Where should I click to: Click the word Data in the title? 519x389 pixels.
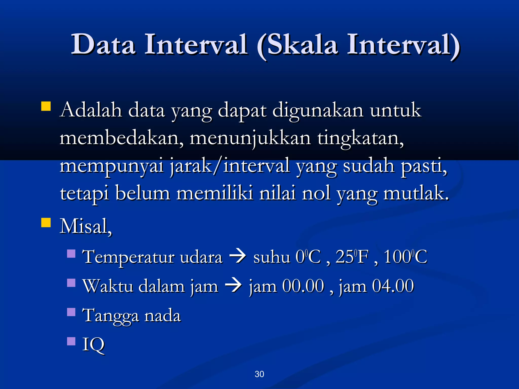pyautogui.click(x=103, y=45)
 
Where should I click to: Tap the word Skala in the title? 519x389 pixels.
pyautogui.click(x=302, y=45)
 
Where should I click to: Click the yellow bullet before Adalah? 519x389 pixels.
pyautogui.click(x=46, y=106)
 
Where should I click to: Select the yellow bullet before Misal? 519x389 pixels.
pyautogui.click(x=46, y=223)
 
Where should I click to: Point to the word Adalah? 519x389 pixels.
pyautogui.click(x=91, y=110)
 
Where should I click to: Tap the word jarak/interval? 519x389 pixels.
pyautogui.click(x=230, y=166)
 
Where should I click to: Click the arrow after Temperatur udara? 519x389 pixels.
pyautogui.click(x=238, y=257)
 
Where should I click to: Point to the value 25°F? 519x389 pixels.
pyautogui.click(x=352, y=257)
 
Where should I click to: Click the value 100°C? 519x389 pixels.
pyautogui.click(x=405, y=257)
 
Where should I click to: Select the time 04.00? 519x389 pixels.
pyautogui.click(x=393, y=286)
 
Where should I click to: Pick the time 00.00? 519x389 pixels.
pyautogui.click(x=303, y=286)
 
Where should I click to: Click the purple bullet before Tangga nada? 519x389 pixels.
pyautogui.click(x=71, y=312)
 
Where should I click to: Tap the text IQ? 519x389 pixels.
pyautogui.click(x=93, y=344)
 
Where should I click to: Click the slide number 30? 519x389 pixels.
pyautogui.click(x=259, y=374)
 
